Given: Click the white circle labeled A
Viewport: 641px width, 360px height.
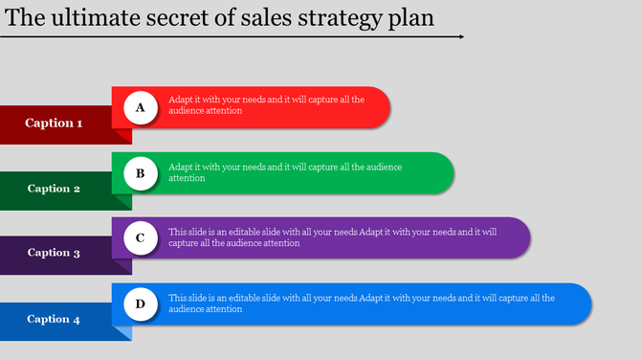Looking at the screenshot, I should tap(140, 107).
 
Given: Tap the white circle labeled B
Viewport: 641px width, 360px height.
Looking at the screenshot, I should tap(140, 173).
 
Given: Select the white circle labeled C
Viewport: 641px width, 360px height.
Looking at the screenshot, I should tap(140, 237).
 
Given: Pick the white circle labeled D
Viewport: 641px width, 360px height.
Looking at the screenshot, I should tap(140, 304).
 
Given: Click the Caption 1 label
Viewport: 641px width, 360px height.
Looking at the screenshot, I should tap(54, 123).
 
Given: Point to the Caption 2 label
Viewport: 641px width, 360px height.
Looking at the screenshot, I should tap(54, 189).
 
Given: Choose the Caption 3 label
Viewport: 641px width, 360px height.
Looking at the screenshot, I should tap(54, 253).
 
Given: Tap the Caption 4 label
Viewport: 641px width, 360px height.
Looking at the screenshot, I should tap(54, 319).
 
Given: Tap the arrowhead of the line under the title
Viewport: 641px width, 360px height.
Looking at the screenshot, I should tap(460, 36).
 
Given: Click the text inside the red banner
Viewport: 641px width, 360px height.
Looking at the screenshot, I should tap(266, 104).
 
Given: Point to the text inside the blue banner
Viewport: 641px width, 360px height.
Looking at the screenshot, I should tap(361, 304).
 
